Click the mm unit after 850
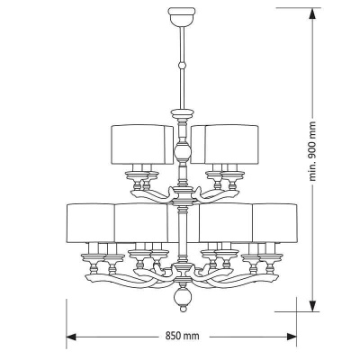[192, 337]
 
